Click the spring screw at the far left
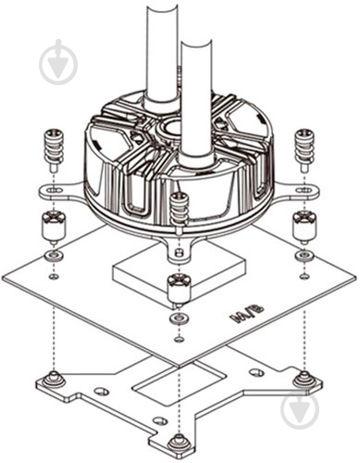point(54,151)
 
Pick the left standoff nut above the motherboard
point(54,227)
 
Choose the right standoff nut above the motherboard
point(304,227)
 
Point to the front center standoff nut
point(180,290)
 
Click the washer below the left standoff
point(54,256)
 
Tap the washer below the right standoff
point(304,256)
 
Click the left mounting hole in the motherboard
point(54,276)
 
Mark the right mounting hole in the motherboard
point(304,276)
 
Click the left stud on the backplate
point(54,379)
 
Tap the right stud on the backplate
point(304,379)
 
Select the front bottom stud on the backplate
point(179,443)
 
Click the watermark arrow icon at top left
point(58,62)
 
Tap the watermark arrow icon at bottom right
point(300,410)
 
